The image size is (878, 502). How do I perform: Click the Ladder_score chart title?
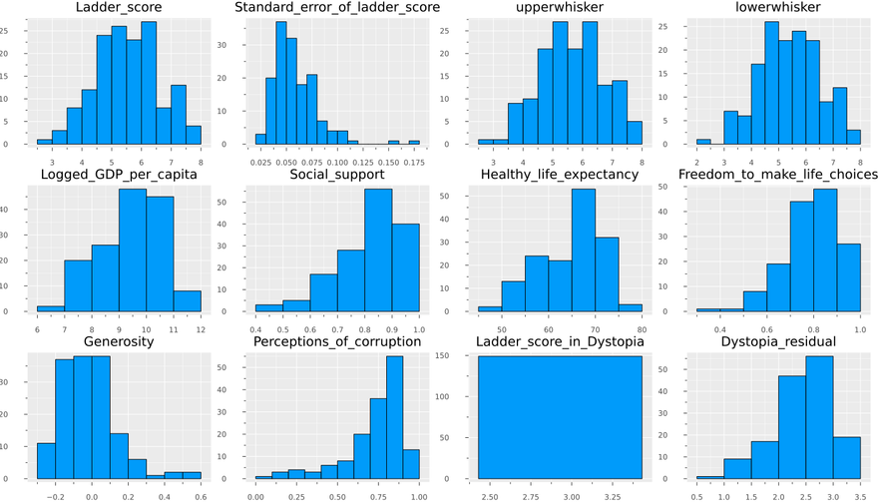[119, 9]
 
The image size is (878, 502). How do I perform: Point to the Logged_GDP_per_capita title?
[119, 176]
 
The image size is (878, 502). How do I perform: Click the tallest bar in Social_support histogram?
[378, 251]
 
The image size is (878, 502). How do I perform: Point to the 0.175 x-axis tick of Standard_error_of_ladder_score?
[413, 160]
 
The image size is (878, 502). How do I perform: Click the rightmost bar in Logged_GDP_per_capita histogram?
[187, 300]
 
